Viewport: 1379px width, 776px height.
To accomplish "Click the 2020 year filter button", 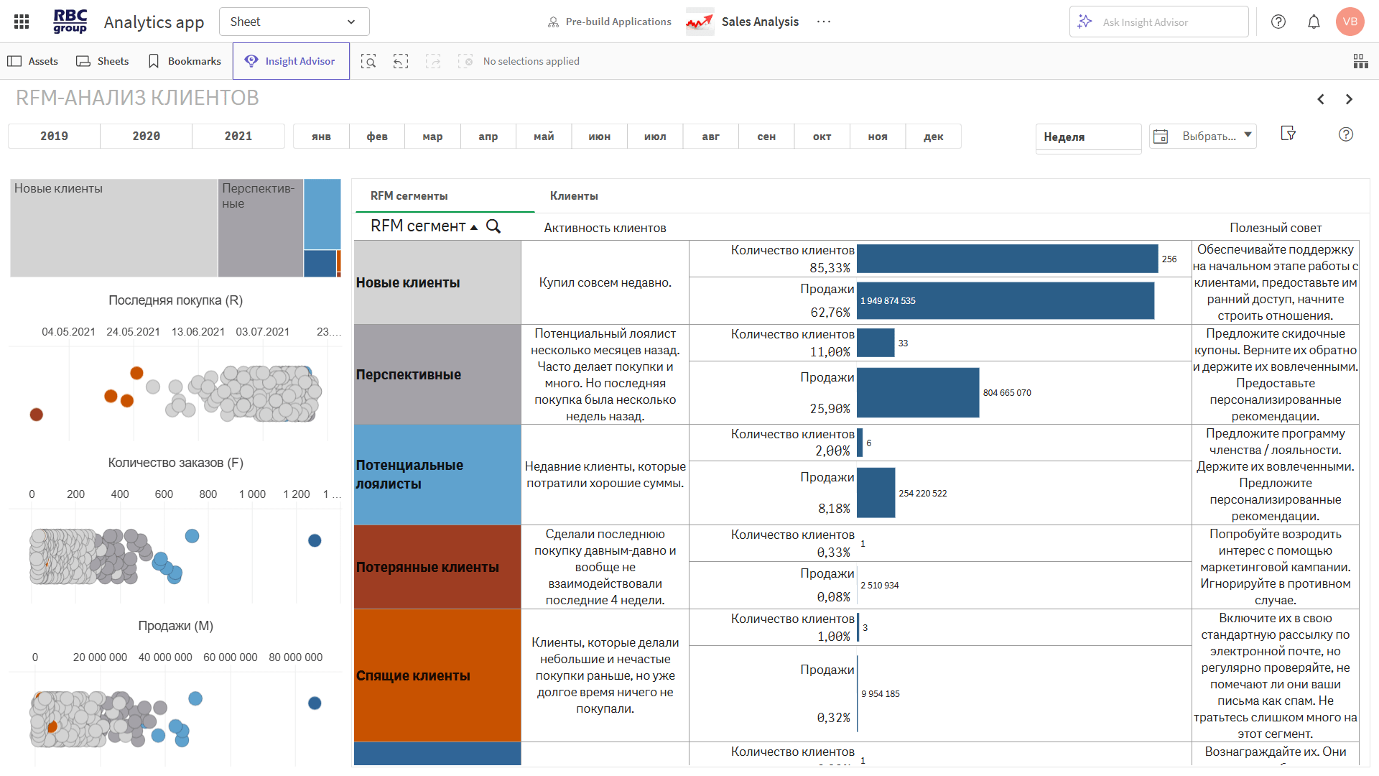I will point(146,137).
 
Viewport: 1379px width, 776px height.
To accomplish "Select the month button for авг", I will point(710,137).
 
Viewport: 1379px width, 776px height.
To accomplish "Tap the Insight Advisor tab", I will point(291,61).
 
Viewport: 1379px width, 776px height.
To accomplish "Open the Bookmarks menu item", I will point(185,61).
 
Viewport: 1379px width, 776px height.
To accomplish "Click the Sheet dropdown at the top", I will point(294,22).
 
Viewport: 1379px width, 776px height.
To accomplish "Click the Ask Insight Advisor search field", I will point(1158,22).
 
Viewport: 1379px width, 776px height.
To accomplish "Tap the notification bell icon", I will point(1314,22).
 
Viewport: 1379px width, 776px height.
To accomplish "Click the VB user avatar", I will point(1350,22).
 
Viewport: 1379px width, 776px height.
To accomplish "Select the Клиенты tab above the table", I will point(574,196).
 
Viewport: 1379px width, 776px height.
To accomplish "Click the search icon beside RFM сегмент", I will point(493,226).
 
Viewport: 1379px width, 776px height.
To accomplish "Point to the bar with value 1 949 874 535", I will point(1006,300).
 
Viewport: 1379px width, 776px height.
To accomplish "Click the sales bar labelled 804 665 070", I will point(917,392).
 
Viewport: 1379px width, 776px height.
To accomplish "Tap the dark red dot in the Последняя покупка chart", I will point(36,415).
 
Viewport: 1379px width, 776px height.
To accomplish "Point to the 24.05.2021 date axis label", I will point(133,332).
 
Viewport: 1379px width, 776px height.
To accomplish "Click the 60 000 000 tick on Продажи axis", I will point(230,657).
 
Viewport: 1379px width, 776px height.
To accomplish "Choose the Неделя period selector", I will point(1087,137).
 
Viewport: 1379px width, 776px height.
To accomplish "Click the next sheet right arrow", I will point(1349,99).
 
